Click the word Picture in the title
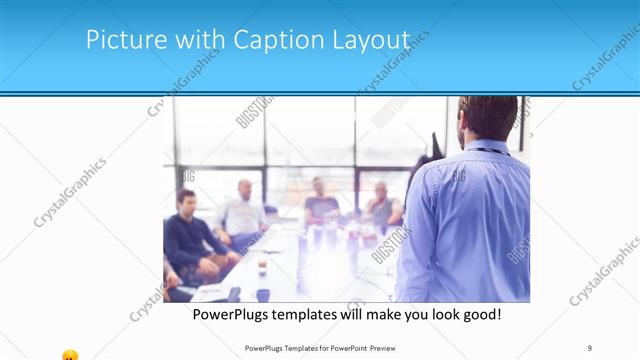click(117, 39)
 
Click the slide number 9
click(590, 347)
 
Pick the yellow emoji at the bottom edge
click(70, 355)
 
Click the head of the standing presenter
click(487, 117)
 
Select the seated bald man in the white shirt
click(243, 210)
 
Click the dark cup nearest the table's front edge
click(263, 294)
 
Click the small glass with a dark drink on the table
click(262, 268)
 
